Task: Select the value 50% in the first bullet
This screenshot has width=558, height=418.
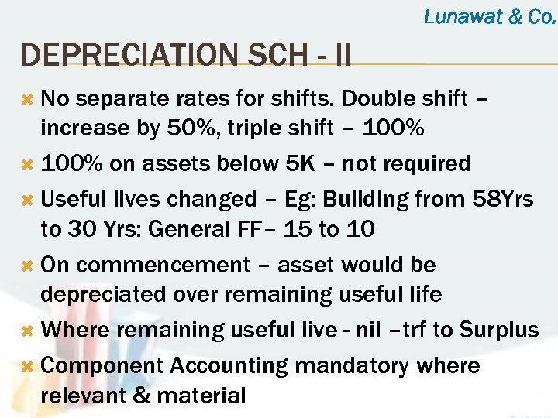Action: [x=190, y=128]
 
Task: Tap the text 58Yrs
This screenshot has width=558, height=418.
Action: [x=502, y=199]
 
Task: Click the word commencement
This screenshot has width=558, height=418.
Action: [x=164, y=265]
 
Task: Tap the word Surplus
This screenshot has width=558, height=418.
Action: [x=498, y=330]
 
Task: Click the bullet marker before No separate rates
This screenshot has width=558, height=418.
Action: [x=26, y=99]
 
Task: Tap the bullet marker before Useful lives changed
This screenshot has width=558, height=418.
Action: [x=26, y=200]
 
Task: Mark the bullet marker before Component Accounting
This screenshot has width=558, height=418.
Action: [x=26, y=366]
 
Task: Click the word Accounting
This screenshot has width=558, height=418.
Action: [x=236, y=366]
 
